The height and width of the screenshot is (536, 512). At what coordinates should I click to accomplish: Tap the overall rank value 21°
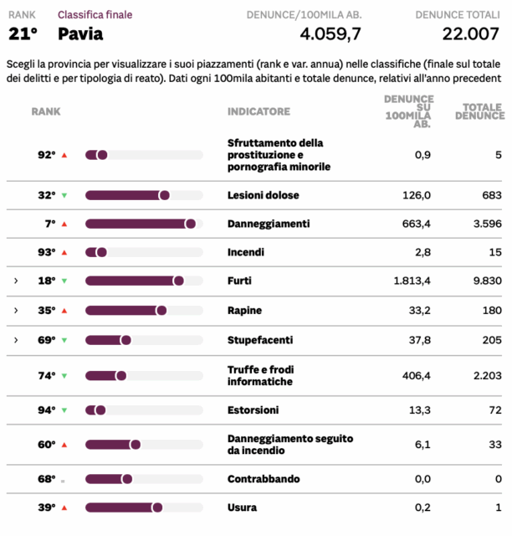23,34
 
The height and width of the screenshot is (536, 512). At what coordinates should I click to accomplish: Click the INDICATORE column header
259,111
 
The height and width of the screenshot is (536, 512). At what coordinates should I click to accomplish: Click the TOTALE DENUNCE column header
479,111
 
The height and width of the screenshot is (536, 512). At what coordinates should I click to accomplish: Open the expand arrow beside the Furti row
15,281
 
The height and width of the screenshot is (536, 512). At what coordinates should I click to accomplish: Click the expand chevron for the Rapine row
15,310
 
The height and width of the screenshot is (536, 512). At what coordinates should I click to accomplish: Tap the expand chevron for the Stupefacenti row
15,339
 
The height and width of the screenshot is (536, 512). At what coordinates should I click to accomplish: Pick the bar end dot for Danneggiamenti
191,224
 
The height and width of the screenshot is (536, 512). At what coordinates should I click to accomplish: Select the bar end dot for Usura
157,508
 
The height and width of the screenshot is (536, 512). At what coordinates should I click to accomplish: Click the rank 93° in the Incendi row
46,252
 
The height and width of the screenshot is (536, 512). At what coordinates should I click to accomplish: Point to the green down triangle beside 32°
64,196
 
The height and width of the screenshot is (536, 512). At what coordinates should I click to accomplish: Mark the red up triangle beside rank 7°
64,224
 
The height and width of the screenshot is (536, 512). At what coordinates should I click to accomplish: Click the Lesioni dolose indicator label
263,195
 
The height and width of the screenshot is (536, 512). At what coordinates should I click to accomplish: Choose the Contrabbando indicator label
263,479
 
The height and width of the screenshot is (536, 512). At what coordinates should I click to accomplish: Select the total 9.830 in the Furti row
486,281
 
